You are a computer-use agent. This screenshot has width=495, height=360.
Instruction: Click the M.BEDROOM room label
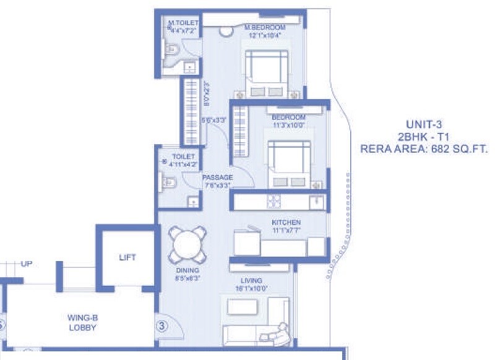point(265,28)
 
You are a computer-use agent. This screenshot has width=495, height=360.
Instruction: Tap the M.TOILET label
point(183,24)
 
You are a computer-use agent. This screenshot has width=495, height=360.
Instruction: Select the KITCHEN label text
point(286,222)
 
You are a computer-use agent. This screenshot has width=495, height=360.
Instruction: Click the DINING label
point(186,271)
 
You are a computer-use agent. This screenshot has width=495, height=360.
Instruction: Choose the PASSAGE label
point(217,178)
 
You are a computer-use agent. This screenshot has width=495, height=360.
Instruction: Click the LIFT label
point(127,257)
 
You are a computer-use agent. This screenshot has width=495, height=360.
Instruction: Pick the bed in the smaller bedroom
point(288,162)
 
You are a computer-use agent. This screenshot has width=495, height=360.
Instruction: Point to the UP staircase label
point(26,264)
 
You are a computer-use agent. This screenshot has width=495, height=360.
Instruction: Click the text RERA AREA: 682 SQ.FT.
point(424,148)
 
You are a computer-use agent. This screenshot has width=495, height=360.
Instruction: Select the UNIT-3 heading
point(424,123)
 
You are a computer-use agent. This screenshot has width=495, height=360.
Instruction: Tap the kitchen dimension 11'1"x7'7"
point(286,231)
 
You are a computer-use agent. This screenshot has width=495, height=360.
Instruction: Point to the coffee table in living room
point(243,307)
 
